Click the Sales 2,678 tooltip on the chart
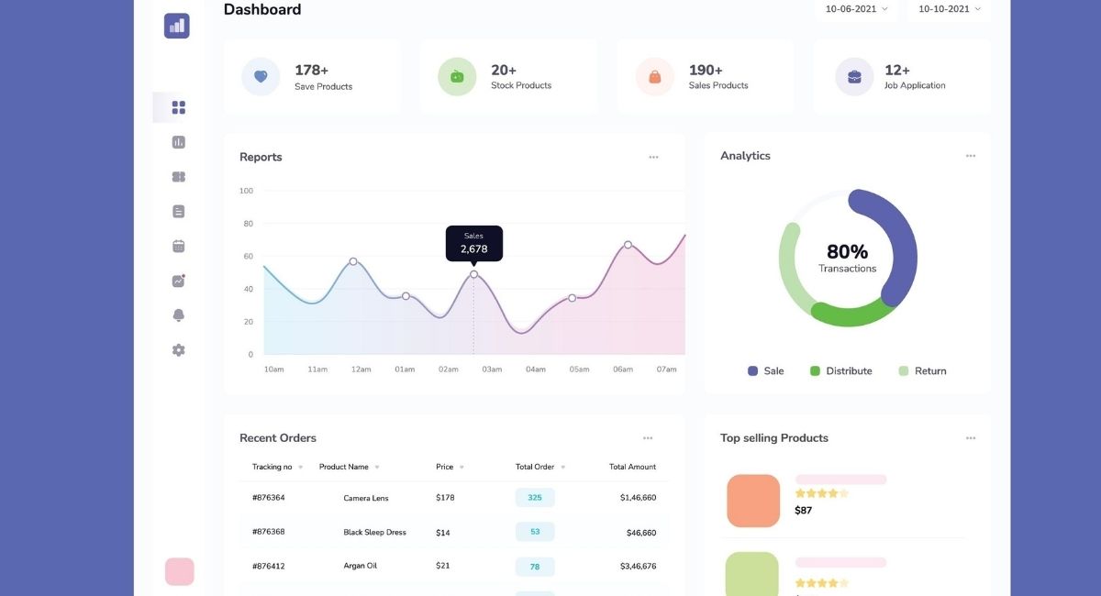coord(474,243)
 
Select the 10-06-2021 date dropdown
coord(856,9)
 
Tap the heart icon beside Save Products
coord(261,77)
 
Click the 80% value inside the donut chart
coord(847,251)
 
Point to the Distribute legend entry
coord(840,371)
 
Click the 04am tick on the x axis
coord(536,370)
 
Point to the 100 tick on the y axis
coord(246,191)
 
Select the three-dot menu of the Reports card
coord(653,157)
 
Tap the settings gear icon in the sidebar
coord(179,350)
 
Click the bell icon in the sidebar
coord(179,315)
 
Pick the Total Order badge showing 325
coord(535,498)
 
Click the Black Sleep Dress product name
coord(374,533)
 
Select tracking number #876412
coord(269,567)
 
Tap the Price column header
coord(445,467)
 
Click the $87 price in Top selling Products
coord(804,511)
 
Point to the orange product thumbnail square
coord(753,501)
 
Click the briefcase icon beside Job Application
coord(854,77)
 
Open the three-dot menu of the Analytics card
coord(971,156)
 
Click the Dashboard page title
coord(262,10)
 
